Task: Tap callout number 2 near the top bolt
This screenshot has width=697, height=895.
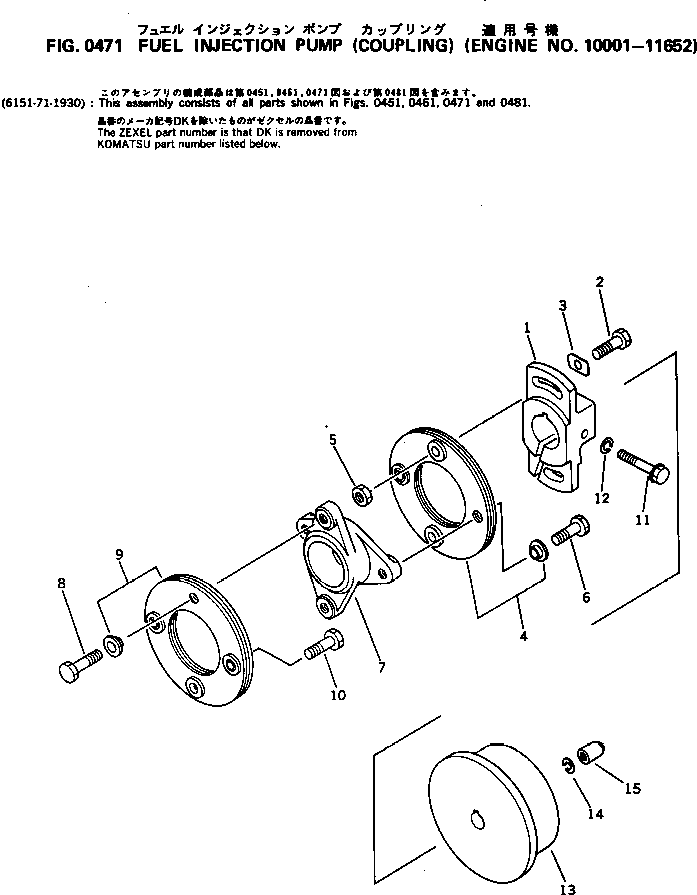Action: (601, 283)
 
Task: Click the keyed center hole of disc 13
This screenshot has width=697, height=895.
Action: (477, 821)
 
